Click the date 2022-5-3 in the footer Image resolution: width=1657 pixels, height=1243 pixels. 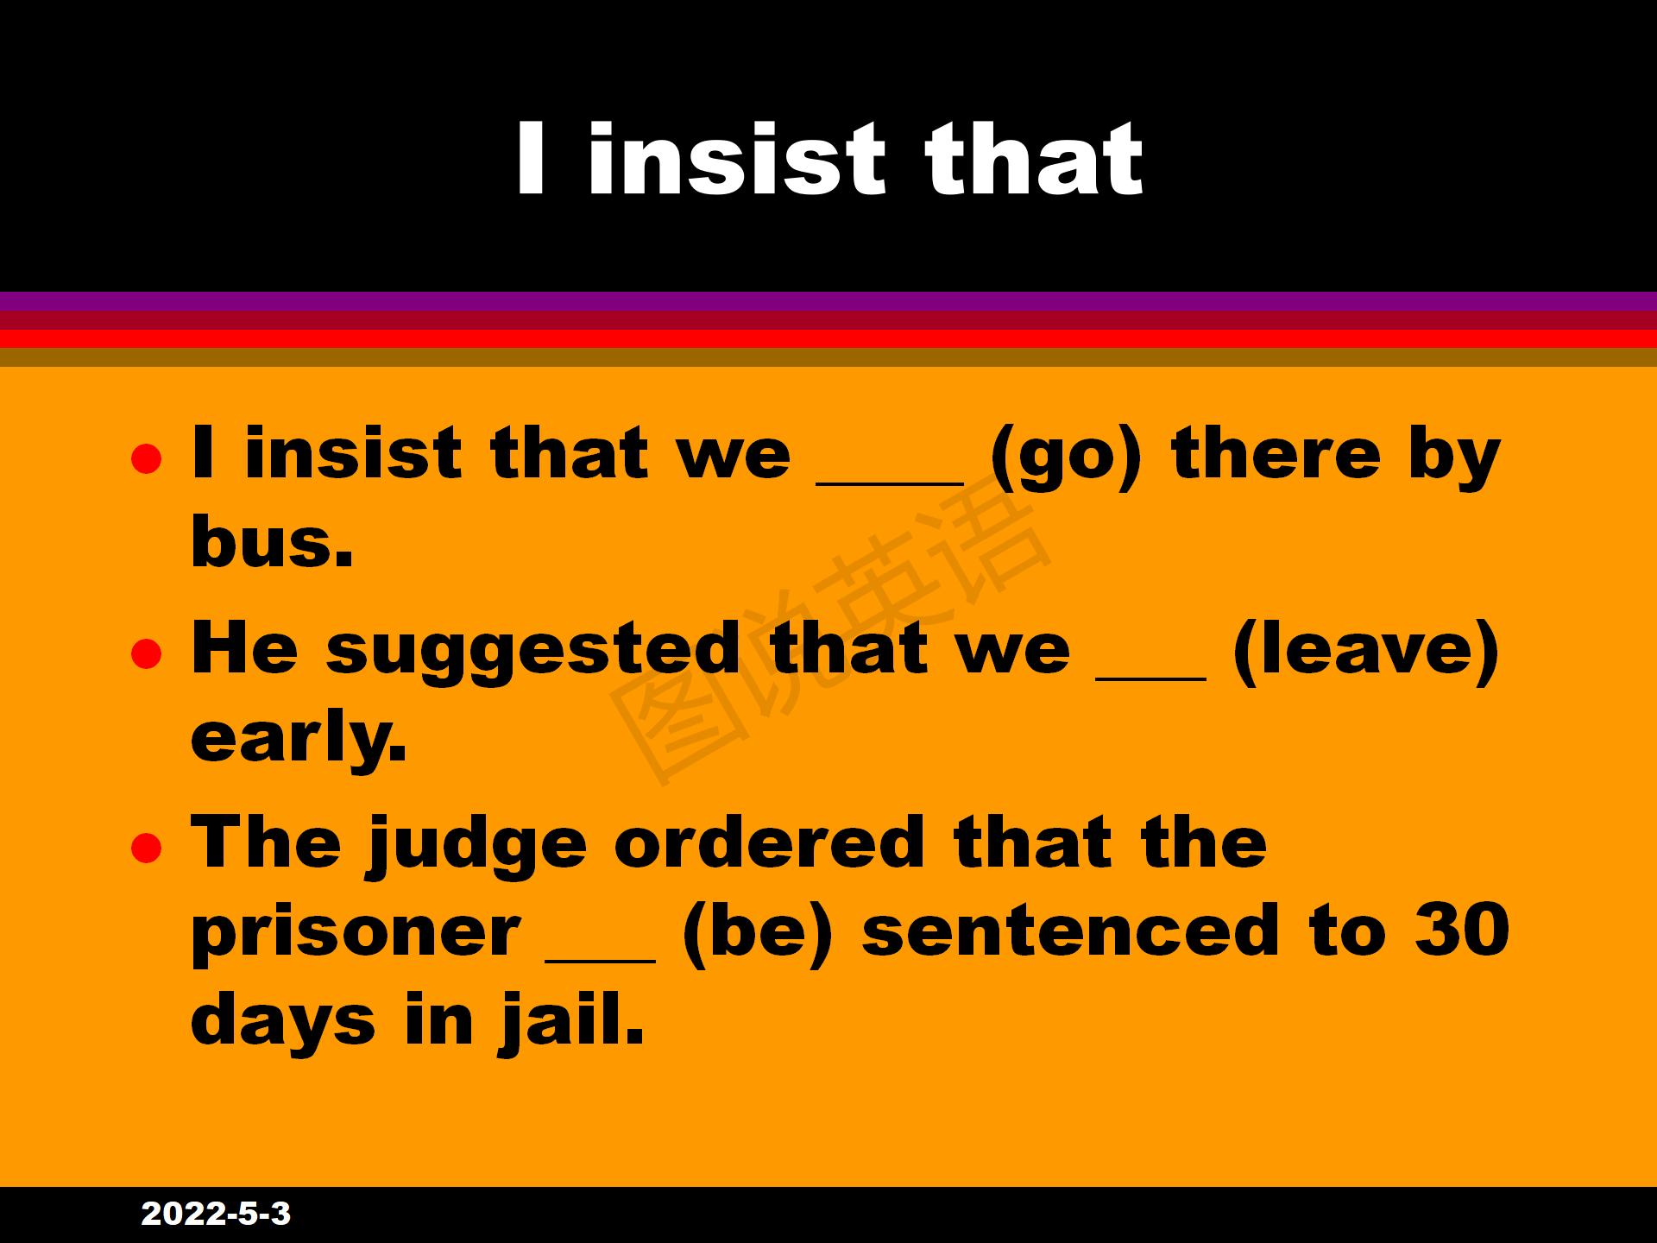click(x=216, y=1214)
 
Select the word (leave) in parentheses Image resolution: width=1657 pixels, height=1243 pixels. click(x=1366, y=649)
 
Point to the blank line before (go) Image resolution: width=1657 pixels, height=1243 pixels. click(x=890, y=483)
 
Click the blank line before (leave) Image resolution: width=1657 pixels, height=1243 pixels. click(x=1151, y=677)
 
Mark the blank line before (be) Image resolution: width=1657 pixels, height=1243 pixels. click(x=601, y=957)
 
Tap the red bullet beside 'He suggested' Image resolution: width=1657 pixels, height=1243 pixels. click(x=146, y=653)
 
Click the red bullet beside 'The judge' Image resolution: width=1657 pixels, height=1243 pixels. click(x=146, y=848)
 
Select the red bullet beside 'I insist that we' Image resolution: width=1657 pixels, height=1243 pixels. click(x=146, y=459)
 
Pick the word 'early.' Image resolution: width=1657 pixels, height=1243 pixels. click(x=298, y=735)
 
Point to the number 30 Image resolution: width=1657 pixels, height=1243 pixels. click(x=1462, y=929)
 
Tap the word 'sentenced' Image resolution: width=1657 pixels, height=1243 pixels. click(x=1071, y=930)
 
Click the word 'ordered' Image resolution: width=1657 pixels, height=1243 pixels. click(x=770, y=841)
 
